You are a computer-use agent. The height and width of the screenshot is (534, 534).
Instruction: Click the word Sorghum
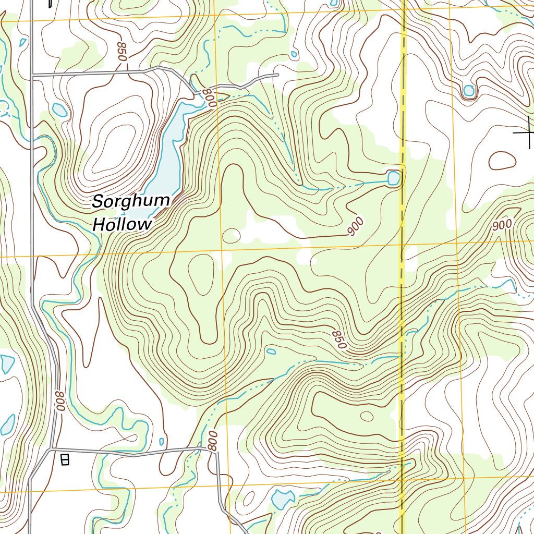click(x=131, y=201)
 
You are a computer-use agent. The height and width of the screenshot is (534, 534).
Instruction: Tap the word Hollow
click(x=122, y=224)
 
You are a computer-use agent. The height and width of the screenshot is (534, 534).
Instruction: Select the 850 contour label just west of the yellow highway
click(x=338, y=339)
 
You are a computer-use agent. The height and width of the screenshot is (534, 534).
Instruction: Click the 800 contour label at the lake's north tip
click(x=209, y=98)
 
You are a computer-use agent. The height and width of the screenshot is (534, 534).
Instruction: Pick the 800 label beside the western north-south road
click(x=60, y=402)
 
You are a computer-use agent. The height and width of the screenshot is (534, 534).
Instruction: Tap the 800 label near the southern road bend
click(x=212, y=441)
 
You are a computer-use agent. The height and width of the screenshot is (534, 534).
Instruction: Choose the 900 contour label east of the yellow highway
click(x=502, y=225)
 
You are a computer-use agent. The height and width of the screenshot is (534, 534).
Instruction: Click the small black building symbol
click(x=65, y=459)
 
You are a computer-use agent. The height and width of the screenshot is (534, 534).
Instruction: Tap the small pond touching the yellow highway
click(x=394, y=178)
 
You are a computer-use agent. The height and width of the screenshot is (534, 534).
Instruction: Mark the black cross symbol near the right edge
click(x=528, y=132)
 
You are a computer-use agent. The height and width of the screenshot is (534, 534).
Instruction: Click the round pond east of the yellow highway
click(x=469, y=91)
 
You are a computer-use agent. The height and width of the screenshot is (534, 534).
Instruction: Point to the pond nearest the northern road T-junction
click(x=59, y=110)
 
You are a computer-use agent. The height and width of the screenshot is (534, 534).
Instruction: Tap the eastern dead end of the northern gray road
click(x=277, y=75)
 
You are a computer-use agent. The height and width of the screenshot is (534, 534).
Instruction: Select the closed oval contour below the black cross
click(x=502, y=161)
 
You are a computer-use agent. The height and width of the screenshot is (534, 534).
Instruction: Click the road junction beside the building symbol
click(x=51, y=448)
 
